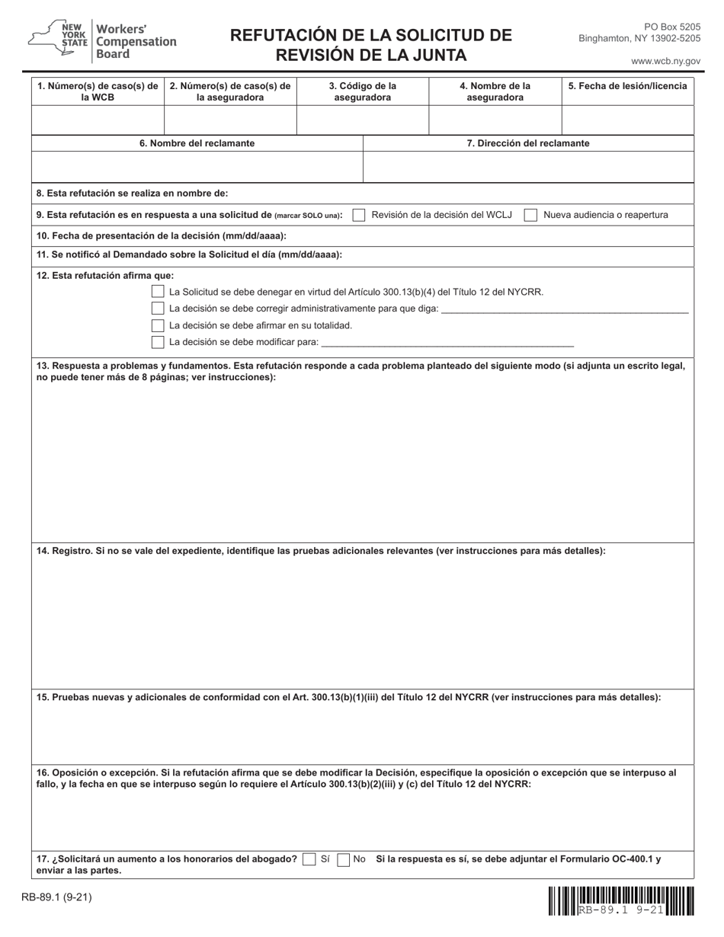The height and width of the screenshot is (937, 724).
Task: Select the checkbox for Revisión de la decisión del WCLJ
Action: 359,216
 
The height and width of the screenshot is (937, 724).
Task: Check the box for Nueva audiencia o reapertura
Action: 530,216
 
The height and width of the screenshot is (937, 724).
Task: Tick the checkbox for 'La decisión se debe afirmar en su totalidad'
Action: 158,325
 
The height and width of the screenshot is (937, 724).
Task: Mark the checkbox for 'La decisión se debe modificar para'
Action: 158,342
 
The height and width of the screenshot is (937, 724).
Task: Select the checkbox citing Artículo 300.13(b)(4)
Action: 158,292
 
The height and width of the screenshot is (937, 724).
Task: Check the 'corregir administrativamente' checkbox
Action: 158,309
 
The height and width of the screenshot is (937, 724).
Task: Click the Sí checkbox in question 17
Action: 309,859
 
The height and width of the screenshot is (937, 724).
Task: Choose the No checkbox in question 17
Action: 343,859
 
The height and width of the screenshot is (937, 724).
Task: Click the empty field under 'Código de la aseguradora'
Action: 362,120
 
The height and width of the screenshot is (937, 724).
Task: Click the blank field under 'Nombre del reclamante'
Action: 197,167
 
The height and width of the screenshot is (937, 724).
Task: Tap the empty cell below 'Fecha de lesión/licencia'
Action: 627,120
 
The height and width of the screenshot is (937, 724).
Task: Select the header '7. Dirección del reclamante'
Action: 527,143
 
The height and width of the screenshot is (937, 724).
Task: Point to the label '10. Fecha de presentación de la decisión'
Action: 161,236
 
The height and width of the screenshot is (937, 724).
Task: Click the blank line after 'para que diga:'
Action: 564,309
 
